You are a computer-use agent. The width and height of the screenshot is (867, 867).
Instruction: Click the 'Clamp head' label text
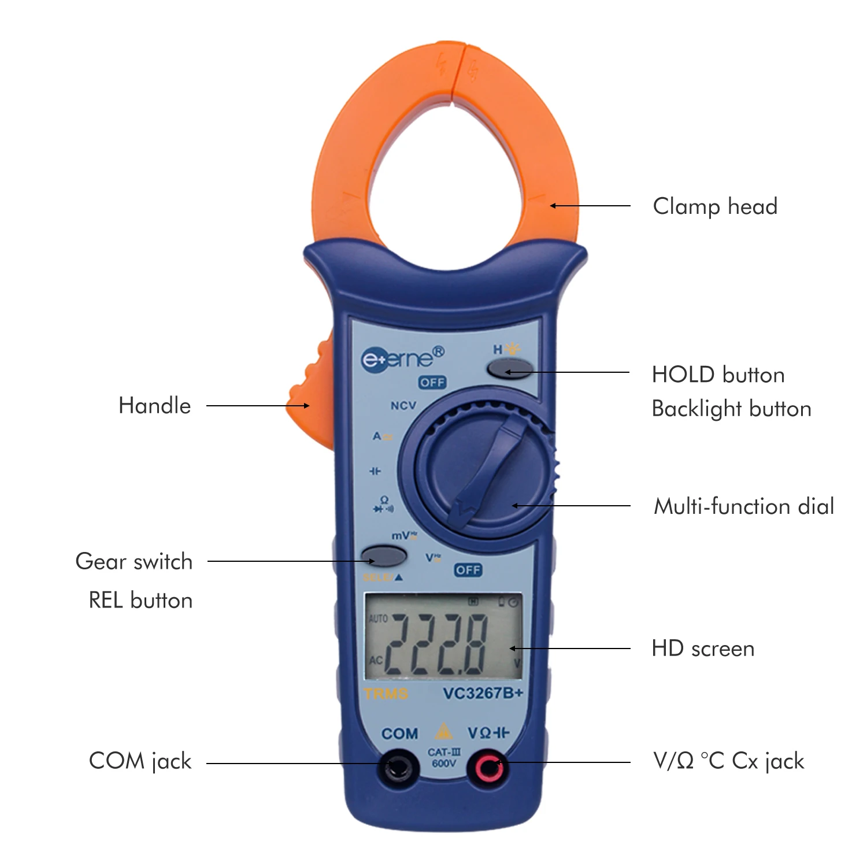(715, 206)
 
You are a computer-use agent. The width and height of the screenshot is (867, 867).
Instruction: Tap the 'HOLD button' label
(718, 375)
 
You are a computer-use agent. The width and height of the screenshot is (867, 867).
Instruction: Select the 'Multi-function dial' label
(744, 506)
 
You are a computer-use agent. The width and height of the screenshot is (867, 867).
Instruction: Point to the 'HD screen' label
(703, 649)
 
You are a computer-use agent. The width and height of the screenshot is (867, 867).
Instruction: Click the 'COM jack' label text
(140, 761)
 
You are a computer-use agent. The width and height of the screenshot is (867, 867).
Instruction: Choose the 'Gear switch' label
(134, 561)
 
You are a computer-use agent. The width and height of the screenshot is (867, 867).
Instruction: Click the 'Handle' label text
(154, 406)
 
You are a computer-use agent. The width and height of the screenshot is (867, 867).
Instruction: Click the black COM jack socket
(398, 768)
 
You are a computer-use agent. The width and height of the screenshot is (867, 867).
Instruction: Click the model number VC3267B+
(483, 693)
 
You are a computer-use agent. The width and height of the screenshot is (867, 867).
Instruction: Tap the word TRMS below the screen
(386, 693)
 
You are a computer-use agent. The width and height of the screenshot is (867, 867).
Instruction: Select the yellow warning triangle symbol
(443, 732)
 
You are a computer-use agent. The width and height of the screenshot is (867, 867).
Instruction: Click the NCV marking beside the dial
(403, 406)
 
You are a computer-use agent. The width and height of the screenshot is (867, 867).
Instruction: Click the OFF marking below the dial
(468, 570)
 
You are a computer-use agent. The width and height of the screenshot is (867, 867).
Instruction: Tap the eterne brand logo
(402, 358)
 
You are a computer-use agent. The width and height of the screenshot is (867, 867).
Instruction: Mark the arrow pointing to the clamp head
(590, 206)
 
